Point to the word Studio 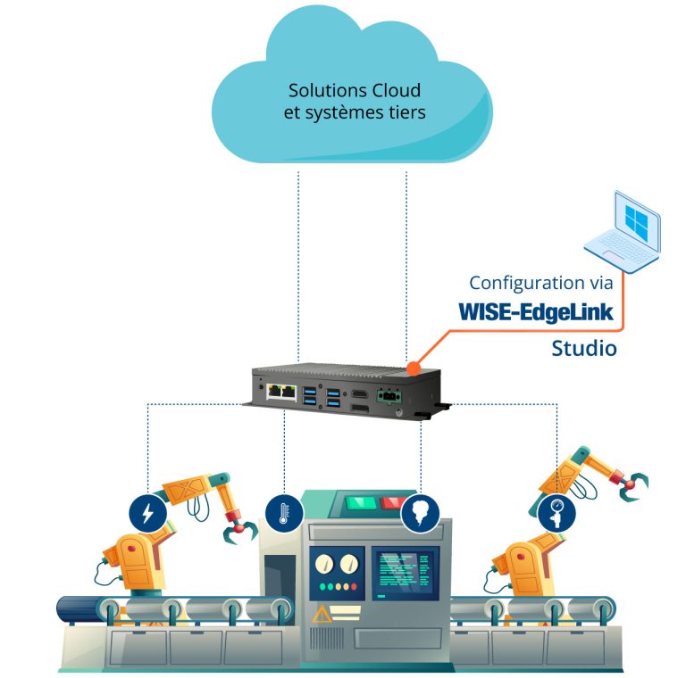(x=583, y=347)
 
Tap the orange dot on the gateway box (x=413, y=367)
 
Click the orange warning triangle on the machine (x=320, y=614)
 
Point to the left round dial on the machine (x=323, y=564)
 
